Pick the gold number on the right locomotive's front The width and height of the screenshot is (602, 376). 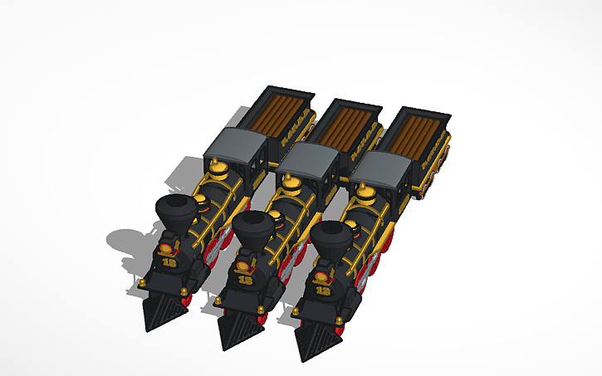[323, 291]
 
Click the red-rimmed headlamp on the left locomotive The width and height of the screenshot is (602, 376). [169, 247]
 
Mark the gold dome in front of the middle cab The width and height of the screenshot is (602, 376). [292, 186]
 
